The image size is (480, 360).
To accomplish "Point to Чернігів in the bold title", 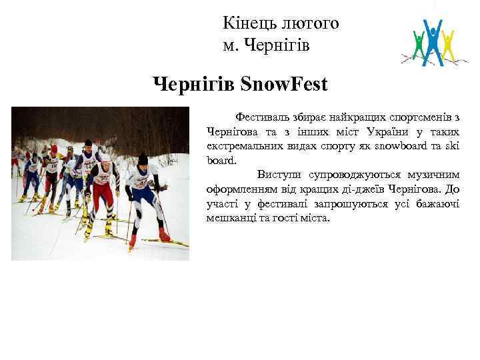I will coord(193,85).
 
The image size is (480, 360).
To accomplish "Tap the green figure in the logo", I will coord(419,45).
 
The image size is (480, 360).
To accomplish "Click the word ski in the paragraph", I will coord(451,145).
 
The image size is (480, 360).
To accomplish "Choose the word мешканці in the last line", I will coord(227,218).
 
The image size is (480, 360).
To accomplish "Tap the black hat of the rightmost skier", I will coord(142,159).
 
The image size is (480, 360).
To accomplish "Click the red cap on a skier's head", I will coord(54,149).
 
